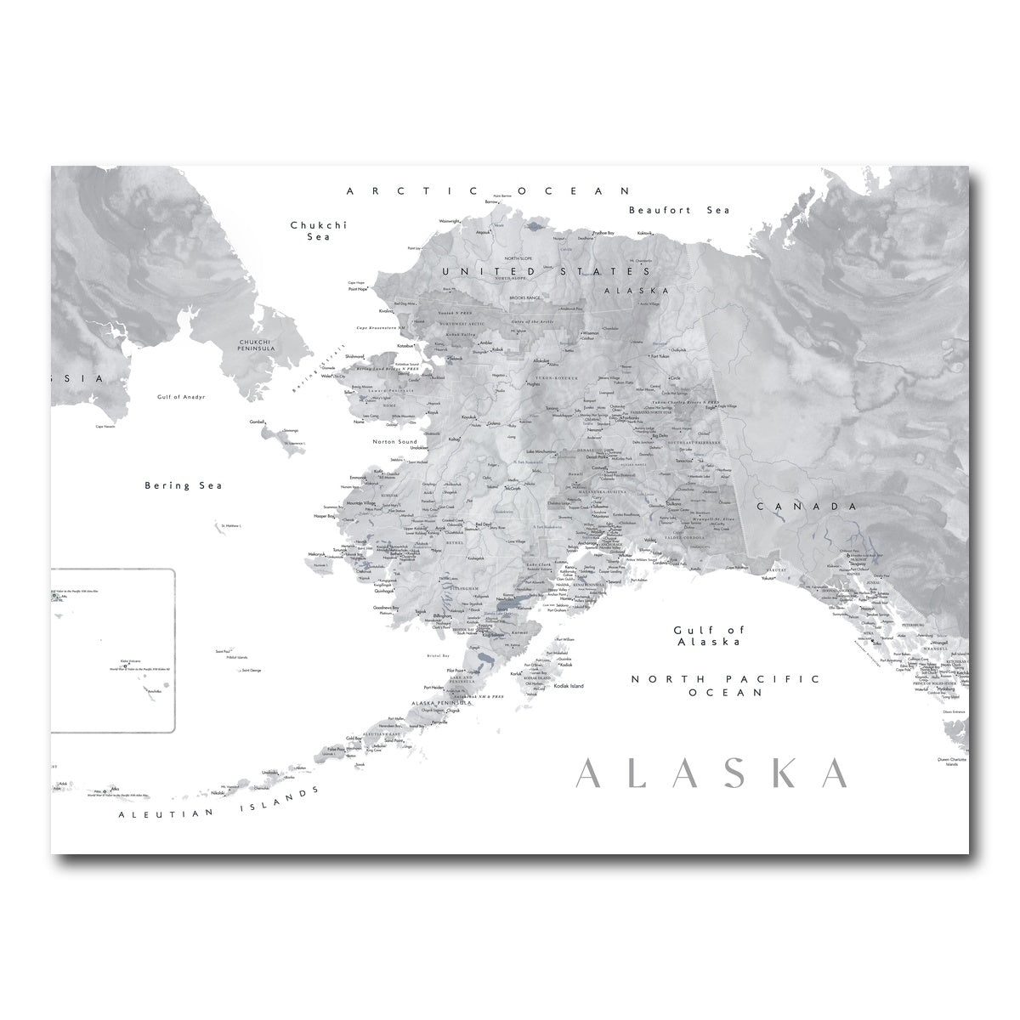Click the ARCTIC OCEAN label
[x=490, y=191]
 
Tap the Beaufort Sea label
[x=679, y=210]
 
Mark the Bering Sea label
[x=183, y=485]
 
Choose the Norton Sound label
[x=395, y=442]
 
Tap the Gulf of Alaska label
[x=720, y=636]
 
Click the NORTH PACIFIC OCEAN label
[x=725, y=686]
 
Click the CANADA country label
[x=805, y=506]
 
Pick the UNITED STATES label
[x=545, y=271]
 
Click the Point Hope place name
[x=359, y=289]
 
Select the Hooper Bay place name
[x=328, y=516]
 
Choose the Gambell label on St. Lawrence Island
[x=257, y=421]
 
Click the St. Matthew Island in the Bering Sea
[x=229, y=526]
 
